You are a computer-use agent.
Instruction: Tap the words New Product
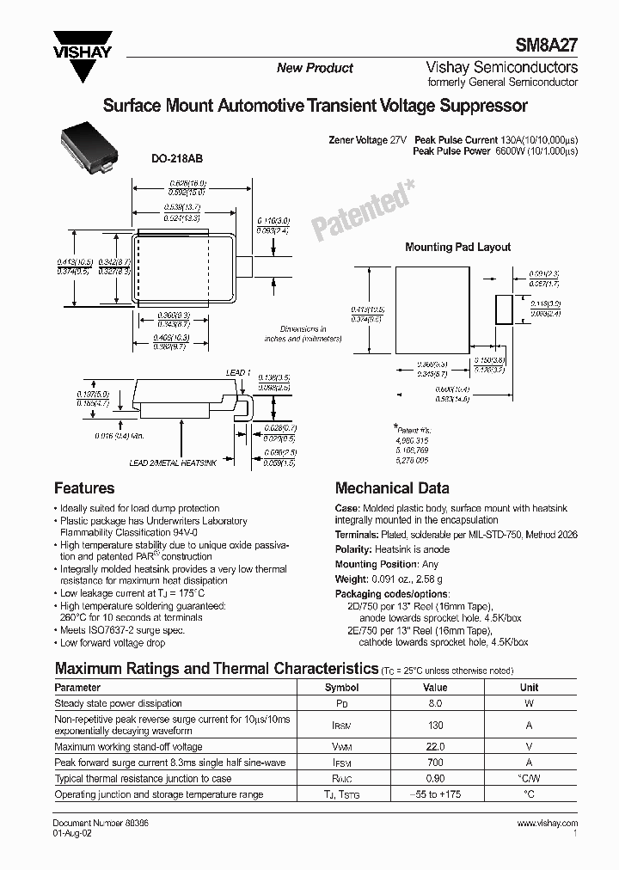point(315,68)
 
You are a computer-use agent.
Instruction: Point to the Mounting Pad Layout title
point(457,247)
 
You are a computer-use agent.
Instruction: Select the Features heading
point(84,487)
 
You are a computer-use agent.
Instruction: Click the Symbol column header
point(341,688)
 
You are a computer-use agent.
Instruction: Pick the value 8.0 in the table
point(435,703)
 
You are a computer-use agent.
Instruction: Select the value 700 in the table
point(435,763)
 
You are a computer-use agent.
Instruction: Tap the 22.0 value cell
point(435,748)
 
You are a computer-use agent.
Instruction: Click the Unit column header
point(530,688)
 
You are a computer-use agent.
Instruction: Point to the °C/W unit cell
point(530,779)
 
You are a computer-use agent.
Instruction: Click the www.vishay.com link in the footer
point(549,824)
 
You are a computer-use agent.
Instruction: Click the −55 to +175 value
point(435,795)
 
